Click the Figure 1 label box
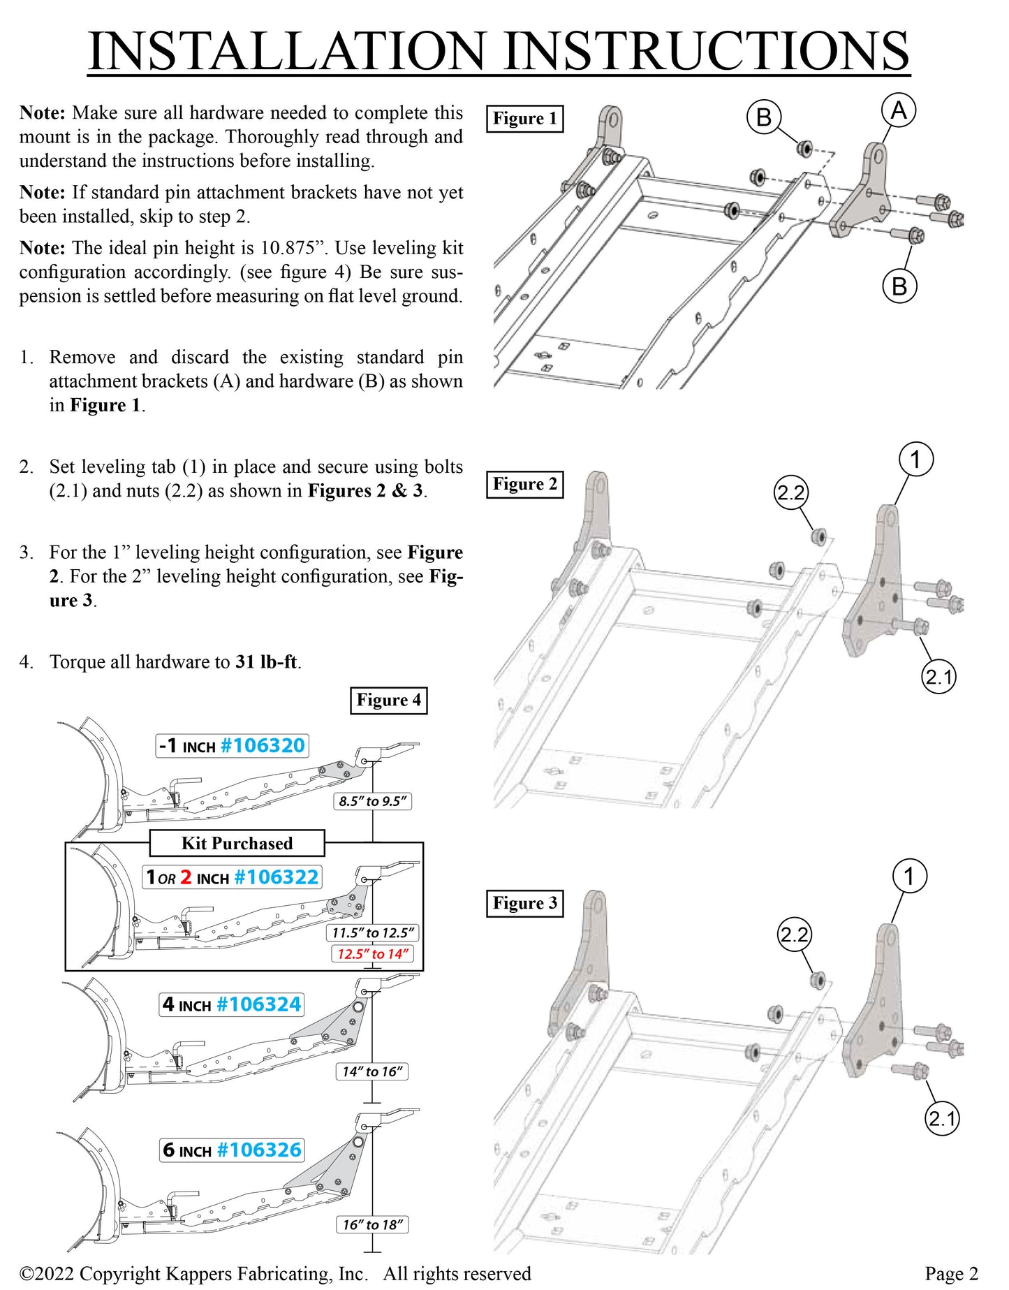[524, 119]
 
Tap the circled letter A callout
[898, 111]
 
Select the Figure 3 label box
[524, 903]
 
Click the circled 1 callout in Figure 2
[915, 460]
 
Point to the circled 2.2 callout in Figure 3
[794, 934]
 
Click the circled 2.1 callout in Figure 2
[938, 677]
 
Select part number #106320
[263, 746]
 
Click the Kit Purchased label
[237, 843]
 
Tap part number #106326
[259, 1150]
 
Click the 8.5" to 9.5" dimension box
[372, 801]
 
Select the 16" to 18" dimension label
[372, 1224]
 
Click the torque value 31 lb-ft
[266, 661]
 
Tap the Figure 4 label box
[388, 701]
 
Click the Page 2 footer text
[951, 1274]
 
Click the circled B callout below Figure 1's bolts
[899, 286]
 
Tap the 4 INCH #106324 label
[231, 1004]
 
